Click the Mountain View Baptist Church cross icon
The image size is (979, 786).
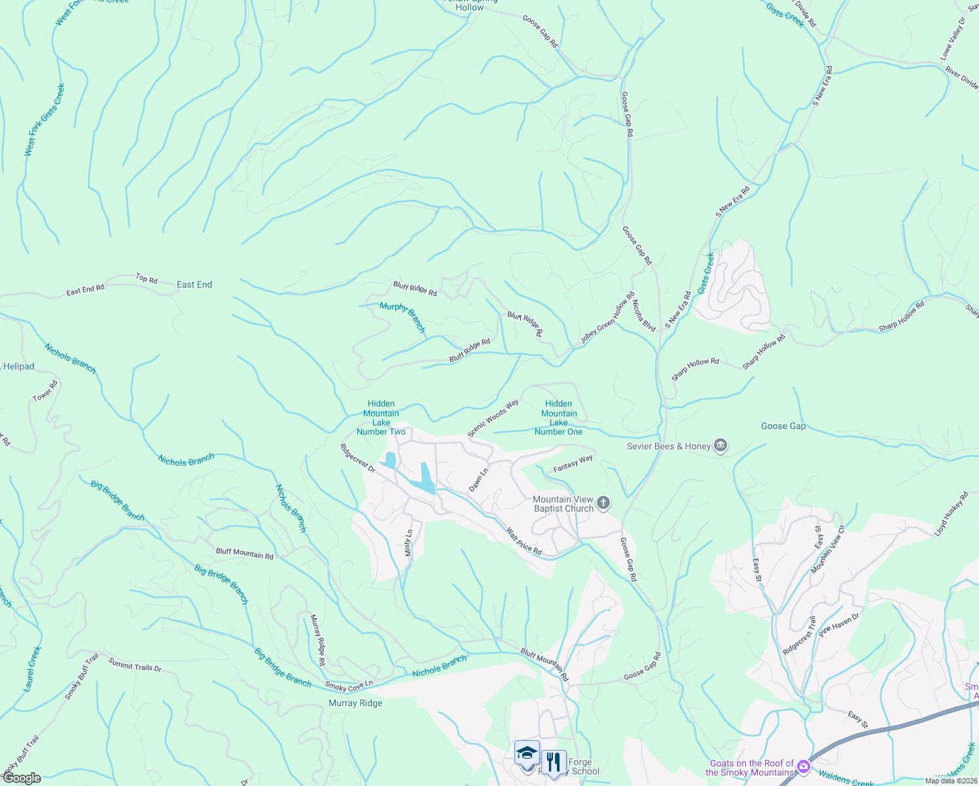pos(603,503)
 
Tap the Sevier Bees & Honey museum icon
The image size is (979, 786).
pos(721,446)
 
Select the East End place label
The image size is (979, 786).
pos(194,284)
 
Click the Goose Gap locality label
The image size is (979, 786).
pos(783,426)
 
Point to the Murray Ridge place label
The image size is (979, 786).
pos(355,703)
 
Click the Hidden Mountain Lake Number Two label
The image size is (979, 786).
pos(381,418)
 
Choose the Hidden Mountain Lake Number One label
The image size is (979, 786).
pos(558,418)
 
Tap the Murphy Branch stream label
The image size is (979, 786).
pos(402,317)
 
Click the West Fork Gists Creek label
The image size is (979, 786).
pos(44,120)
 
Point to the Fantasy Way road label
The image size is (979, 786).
pos(573,464)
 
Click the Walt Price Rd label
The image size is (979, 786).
pos(524,542)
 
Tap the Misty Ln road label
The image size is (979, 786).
pos(409,543)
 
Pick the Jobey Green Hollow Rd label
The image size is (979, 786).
pos(607,318)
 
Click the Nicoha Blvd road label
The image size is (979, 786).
pos(644,315)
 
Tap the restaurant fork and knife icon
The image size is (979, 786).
pos(554,762)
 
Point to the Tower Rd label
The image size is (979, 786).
pos(45,391)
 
